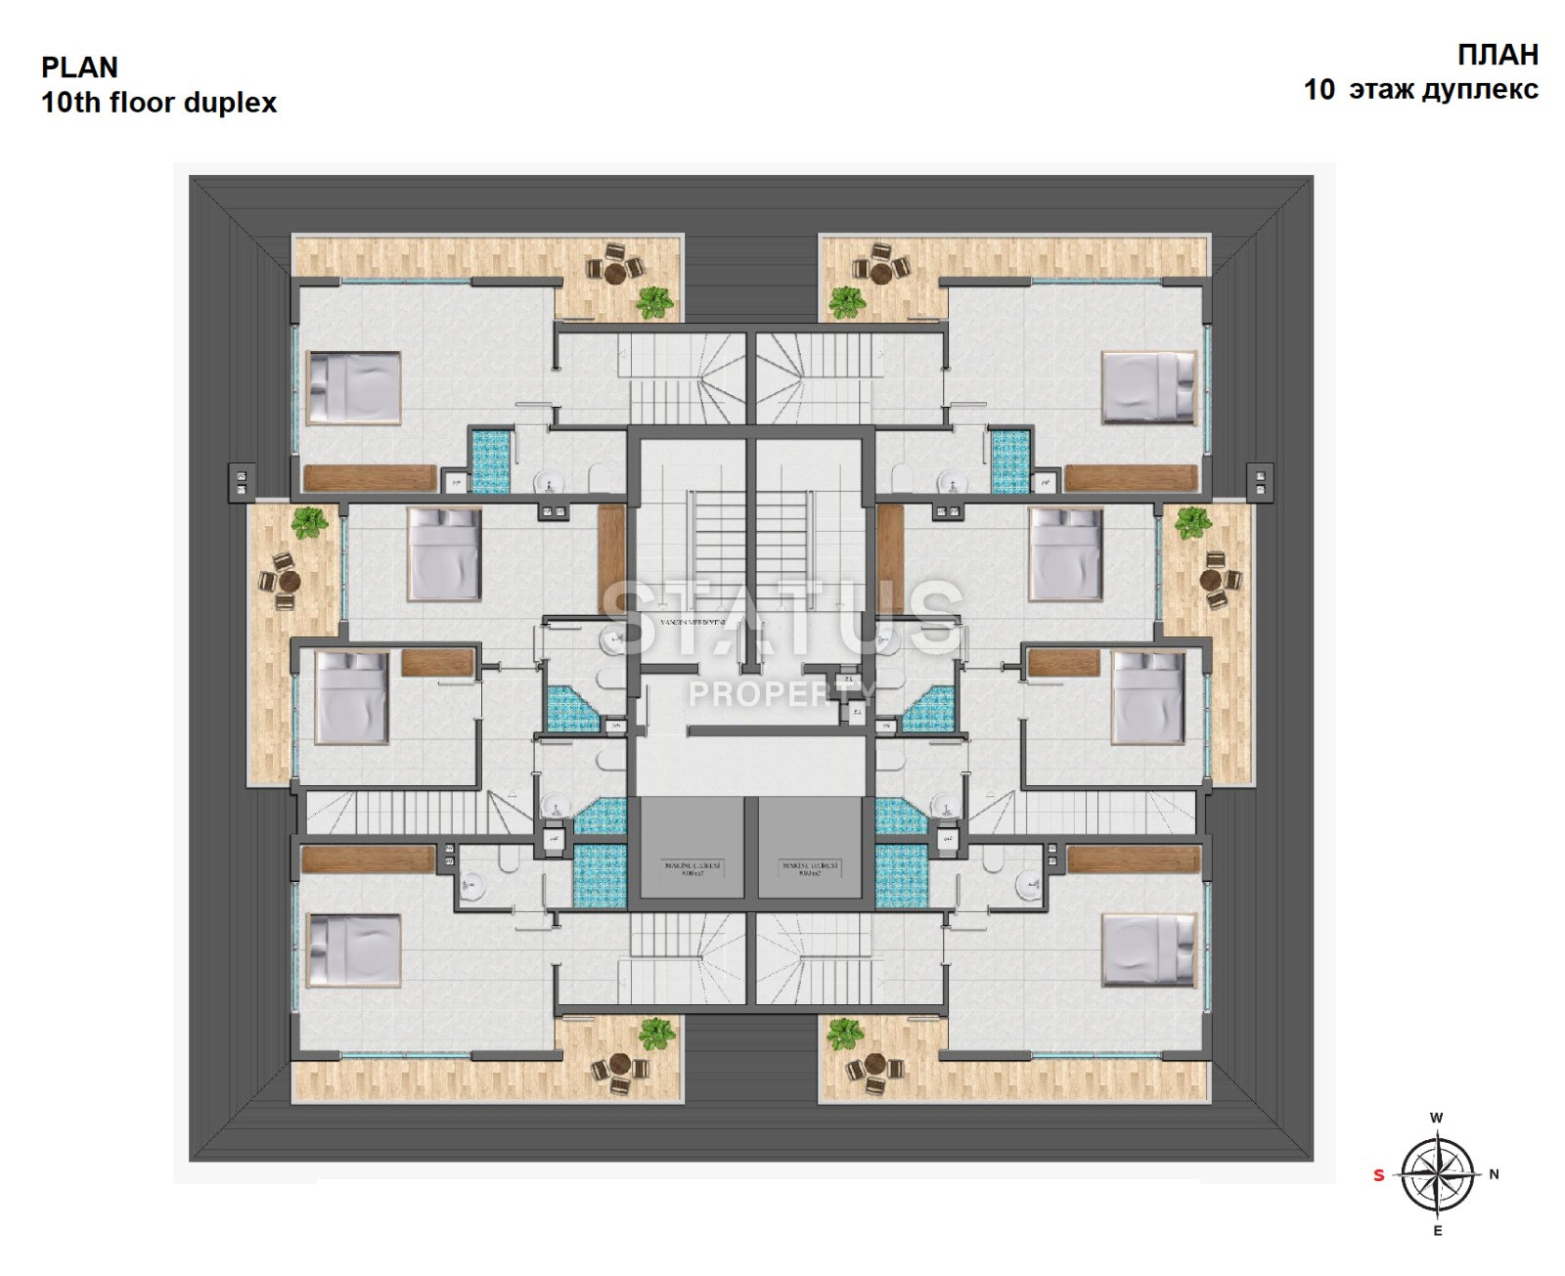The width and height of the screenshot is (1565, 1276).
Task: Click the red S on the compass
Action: (1378, 1175)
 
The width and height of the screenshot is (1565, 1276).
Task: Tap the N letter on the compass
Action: (1494, 1174)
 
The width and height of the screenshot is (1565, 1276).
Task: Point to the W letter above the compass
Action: (1437, 1118)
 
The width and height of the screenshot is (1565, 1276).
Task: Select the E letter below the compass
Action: (1437, 1231)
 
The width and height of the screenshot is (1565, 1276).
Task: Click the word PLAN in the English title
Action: (79, 67)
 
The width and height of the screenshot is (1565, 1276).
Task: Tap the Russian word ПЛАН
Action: (1498, 55)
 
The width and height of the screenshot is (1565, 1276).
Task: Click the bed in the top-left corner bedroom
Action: (354, 387)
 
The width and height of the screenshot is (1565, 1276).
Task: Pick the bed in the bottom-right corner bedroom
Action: (1149, 949)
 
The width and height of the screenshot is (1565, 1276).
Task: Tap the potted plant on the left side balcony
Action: (310, 522)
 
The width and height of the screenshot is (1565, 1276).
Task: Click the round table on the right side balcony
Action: (1215, 580)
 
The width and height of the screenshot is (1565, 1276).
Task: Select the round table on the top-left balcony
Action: (615, 274)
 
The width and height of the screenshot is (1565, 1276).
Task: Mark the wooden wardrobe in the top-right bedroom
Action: (1131, 477)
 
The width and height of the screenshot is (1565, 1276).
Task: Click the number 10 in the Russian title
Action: (1319, 90)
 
